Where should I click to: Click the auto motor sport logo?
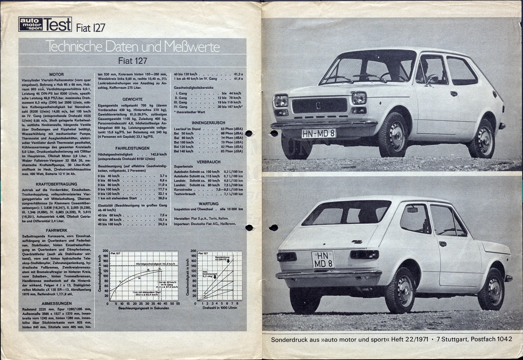tap(31, 24)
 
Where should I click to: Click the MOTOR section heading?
tap(56, 74)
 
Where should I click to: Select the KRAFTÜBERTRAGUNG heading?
tap(56, 184)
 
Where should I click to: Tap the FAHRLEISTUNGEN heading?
tap(132, 148)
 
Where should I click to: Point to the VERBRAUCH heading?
tap(208, 162)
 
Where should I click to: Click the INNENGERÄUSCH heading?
tap(208, 123)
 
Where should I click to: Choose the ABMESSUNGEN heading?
tap(57, 303)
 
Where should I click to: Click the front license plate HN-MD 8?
tap(318, 134)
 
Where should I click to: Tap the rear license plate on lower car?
tap(323, 259)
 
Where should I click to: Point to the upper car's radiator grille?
tap(319, 105)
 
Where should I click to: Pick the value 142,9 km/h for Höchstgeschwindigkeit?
tap(159, 155)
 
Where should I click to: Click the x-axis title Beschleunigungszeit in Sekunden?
tap(144, 308)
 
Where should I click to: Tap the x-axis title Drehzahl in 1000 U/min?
tap(220, 308)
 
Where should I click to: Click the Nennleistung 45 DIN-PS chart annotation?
tap(222, 258)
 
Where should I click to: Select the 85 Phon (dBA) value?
tap(232, 151)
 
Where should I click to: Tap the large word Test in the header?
tap(58, 24)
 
